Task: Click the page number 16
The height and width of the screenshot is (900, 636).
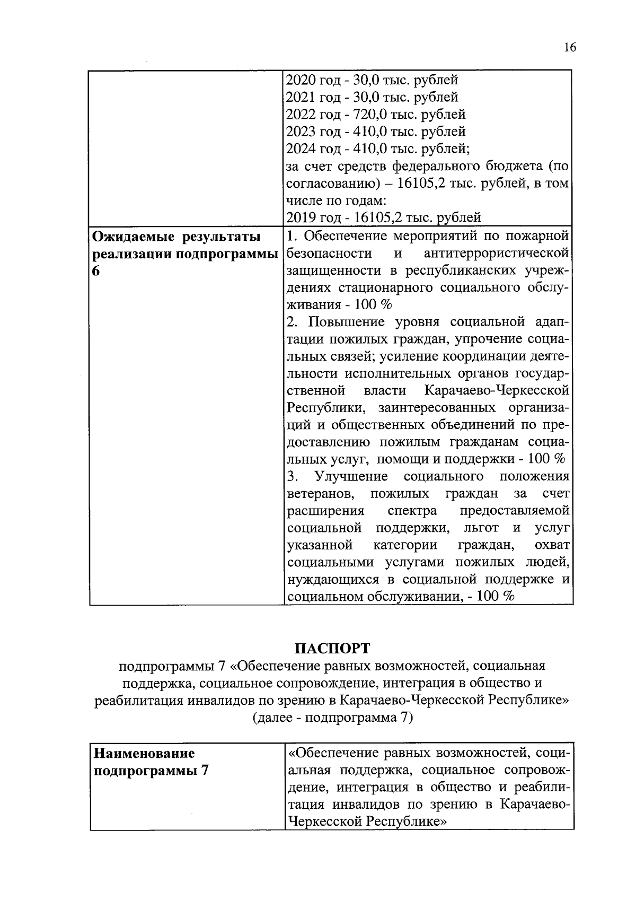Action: tap(570, 48)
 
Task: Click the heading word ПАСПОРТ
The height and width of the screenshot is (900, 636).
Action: tap(332, 649)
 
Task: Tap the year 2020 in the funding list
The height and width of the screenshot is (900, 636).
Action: tap(301, 81)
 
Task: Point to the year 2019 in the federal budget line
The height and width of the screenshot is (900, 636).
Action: tap(301, 217)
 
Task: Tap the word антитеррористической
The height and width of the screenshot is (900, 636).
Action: tap(497, 253)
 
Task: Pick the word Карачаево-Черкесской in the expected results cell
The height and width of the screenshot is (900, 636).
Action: tap(497, 391)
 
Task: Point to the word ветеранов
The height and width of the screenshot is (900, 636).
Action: tap(321, 494)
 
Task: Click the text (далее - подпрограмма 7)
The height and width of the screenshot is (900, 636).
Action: tap(332, 718)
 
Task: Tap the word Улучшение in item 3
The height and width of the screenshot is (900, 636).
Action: tap(351, 476)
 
